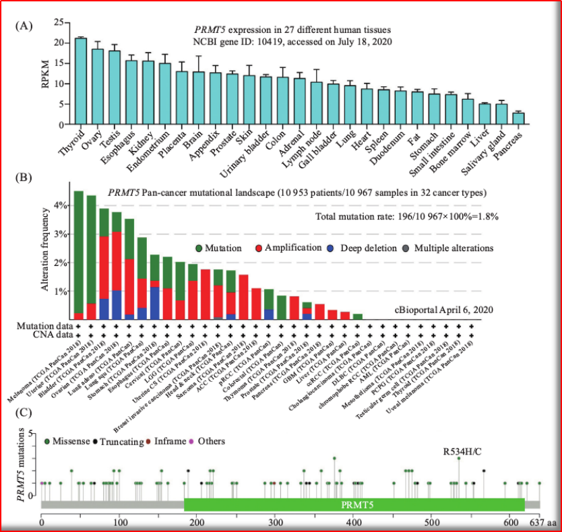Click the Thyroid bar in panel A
click(x=80, y=81)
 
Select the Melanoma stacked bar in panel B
click(x=79, y=255)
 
